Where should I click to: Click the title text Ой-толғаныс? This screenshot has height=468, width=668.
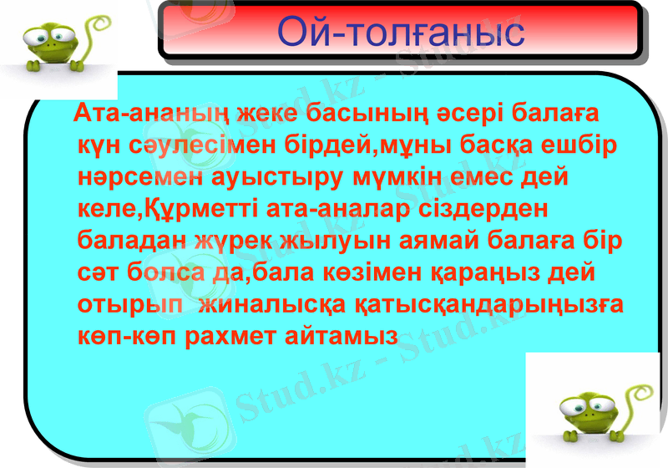(400, 31)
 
